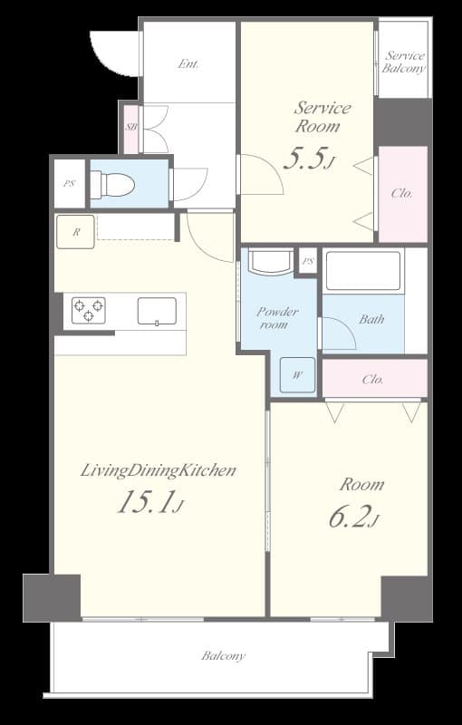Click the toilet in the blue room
(111, 185)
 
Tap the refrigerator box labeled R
(76, 232)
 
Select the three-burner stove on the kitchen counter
(88, 310)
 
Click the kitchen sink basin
(157, 311)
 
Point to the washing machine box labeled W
(297, 375)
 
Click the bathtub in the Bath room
(363, 270)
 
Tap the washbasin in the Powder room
(271, 262)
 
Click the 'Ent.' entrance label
(188, 64)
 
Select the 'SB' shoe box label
(131, 127)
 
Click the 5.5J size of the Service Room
(308, 159)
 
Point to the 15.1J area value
(150, 503)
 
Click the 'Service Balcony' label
(404, 63)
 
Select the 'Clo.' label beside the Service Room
(402, 194)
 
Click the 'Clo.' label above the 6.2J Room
(373, 380)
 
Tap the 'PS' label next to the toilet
(69, 183)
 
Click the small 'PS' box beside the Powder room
(308, 262)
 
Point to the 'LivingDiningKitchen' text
(159, 471)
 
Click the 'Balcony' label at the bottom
(223, 655)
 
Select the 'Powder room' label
(277, 318)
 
